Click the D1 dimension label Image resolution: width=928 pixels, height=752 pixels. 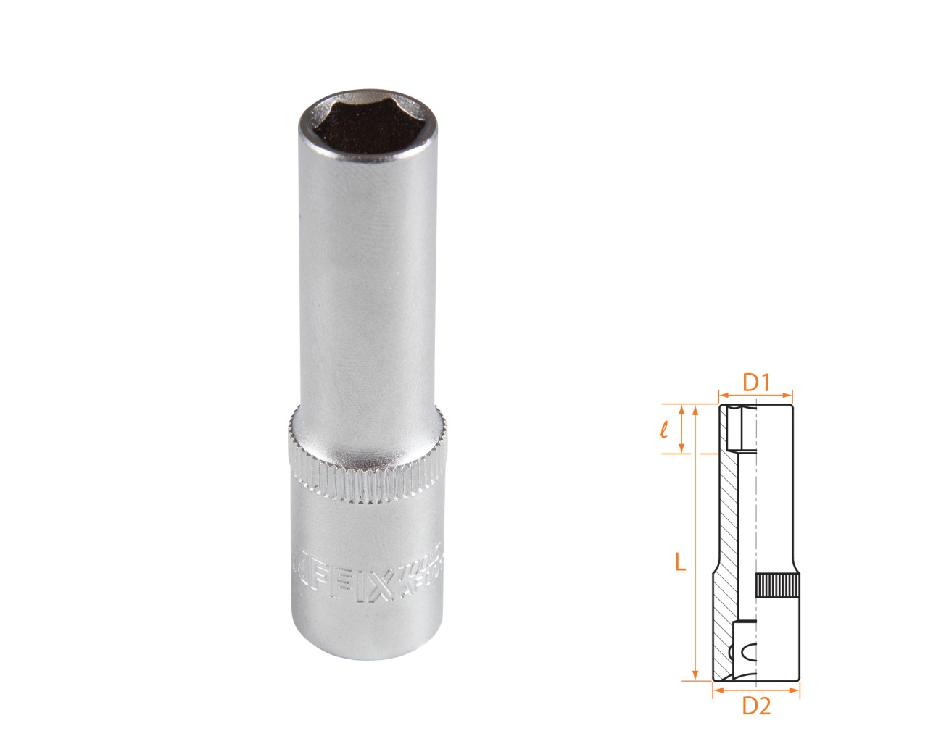755,381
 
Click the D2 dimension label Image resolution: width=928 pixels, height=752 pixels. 755,705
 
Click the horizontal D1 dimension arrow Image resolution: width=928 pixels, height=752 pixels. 755,396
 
